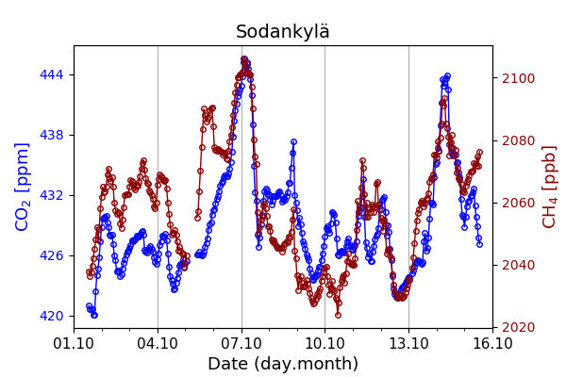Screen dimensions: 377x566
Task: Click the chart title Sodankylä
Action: pyautogui.click(x=283, y=32)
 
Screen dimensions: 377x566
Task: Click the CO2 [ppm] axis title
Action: pyautogui.click(x=24, y=187)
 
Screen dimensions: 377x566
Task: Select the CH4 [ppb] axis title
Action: pyautogui.click(x=550, y=187)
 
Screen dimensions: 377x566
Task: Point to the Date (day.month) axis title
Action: pyautogui.click(x=283, y=364)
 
